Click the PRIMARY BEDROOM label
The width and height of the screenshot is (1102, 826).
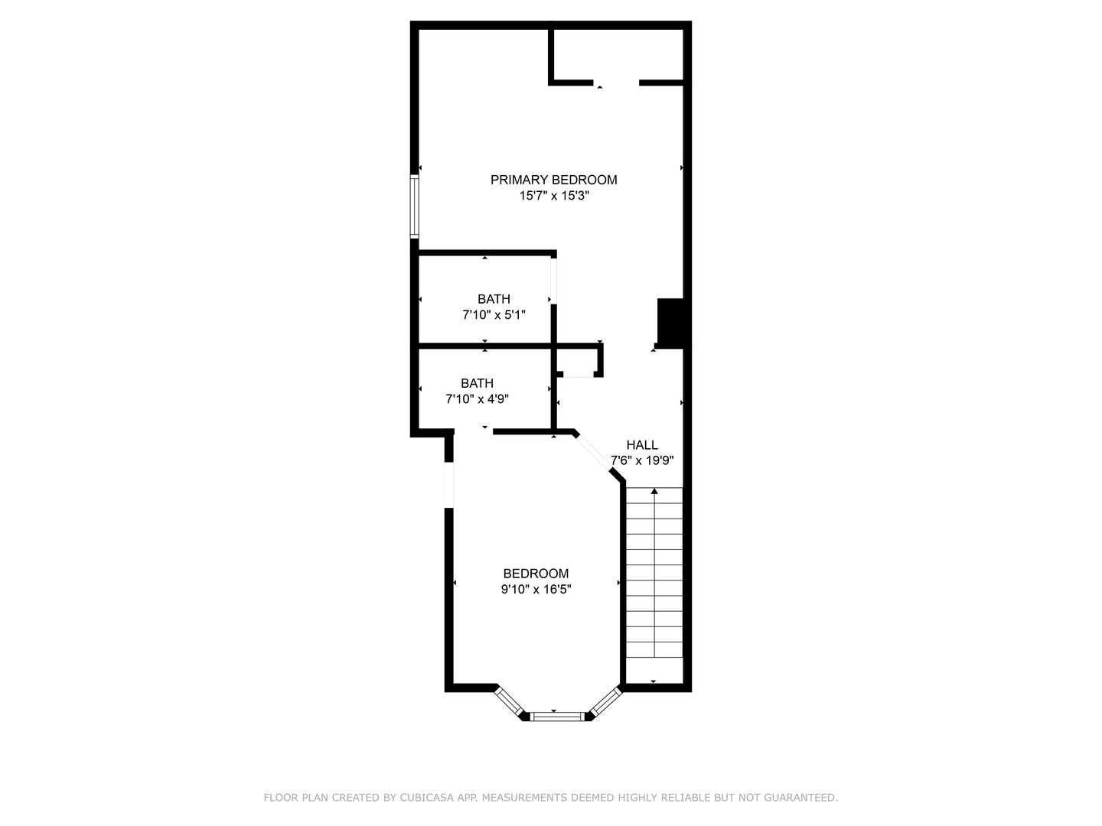553,180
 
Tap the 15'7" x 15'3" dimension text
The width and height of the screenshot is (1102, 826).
554,196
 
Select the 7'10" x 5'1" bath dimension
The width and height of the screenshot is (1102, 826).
494,315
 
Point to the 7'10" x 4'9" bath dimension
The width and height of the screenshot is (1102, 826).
477,399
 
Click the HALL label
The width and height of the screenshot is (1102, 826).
641,445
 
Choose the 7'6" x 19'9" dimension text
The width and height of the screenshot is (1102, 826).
641,460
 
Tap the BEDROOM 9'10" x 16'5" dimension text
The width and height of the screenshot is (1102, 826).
536,589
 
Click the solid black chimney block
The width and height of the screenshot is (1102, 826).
670,323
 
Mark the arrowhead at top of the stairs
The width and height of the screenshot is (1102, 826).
654,491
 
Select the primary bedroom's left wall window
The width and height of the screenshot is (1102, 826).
414,206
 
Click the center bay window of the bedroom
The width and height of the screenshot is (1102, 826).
557,717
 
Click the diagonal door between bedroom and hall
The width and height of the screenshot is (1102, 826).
592,453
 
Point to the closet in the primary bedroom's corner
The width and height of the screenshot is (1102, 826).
618,54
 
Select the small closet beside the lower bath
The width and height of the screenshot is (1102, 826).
577,360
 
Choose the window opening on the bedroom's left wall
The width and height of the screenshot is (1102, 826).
448,484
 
